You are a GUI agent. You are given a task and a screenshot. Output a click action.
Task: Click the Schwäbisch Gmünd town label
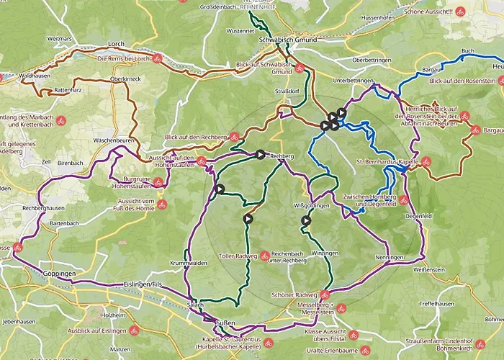pyautogui.click(x=283, y=40)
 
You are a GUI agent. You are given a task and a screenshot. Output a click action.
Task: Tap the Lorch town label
pyautogui.click(x=117, y=44)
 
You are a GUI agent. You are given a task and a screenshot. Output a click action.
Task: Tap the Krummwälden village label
pyautogui.click(x=189, y=264)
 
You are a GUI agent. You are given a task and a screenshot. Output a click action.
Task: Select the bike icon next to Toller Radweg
pyautogui.click(x=265, y=255)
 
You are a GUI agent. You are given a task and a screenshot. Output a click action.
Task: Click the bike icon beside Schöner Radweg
pyautogui.click(x=325, y=294)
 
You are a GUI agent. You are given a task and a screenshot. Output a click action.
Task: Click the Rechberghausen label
pyautogui.click(x=45, y=209)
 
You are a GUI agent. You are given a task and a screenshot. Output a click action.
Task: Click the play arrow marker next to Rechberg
pyautogui.click(x=259, y=154)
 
